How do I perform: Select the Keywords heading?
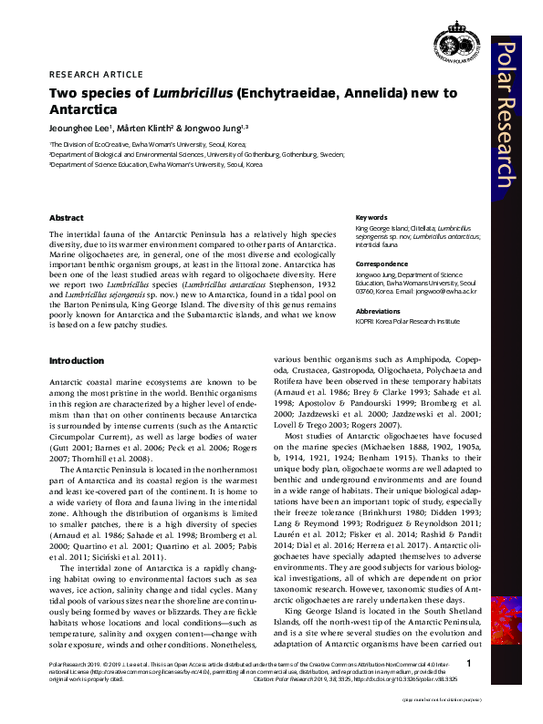click(x=371, y=218)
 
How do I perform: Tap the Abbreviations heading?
click(x=379, y=311)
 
